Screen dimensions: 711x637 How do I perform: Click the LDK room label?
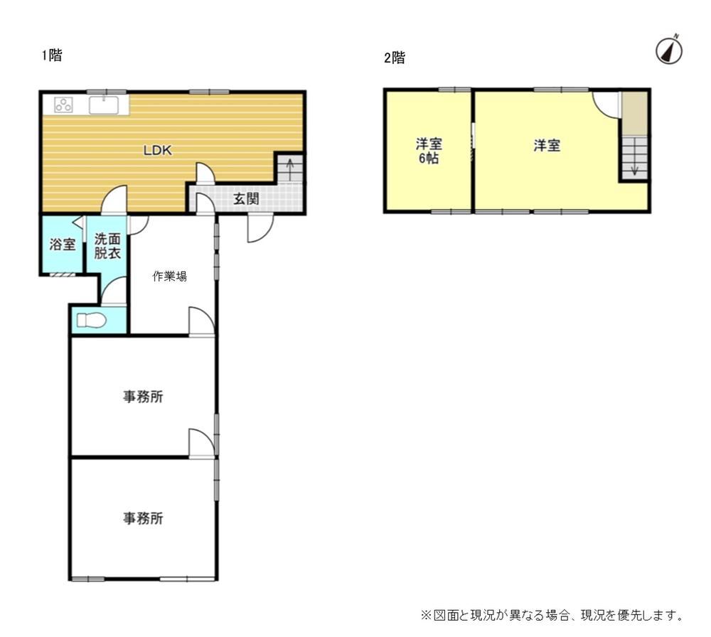157,150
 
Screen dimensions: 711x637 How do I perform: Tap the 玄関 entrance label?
246,198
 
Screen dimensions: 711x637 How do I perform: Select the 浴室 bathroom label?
62,245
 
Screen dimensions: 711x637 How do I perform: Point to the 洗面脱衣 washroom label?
107,246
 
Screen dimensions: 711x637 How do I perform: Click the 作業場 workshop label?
170,276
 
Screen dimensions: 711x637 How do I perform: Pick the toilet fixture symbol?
92,321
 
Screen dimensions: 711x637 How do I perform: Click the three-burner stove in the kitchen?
63,105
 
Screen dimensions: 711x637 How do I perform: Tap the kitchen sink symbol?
104,105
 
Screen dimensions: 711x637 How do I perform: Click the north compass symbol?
669,50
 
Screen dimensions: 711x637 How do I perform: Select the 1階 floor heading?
52,55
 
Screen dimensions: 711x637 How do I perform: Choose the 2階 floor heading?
395,58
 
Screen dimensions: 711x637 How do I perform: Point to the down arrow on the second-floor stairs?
634,165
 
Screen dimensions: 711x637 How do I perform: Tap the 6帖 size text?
429,159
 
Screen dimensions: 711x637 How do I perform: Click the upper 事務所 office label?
143,397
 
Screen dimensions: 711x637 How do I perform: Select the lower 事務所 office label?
143,518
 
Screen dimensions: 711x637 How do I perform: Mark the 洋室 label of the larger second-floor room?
547,146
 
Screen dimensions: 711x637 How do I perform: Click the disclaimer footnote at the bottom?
552,615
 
